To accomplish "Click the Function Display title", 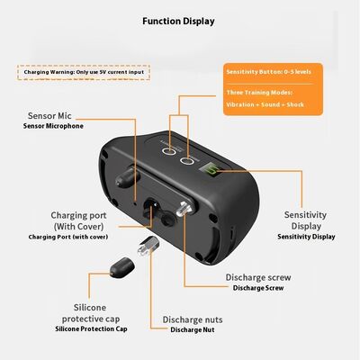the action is point(178,22).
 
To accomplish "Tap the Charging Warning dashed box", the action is point(84,72).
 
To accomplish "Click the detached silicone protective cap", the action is point(121,267).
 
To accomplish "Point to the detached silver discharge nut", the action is point(148,246).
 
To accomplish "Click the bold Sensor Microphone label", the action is point(53,126).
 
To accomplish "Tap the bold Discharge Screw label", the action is point(258,288).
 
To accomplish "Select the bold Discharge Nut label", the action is point(193,329).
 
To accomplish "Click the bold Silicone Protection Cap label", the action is point(91,328).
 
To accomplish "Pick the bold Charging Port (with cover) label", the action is point(68,237).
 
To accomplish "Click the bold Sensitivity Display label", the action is point(306,237).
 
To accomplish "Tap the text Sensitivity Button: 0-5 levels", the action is point(268,72).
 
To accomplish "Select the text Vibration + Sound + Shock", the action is point(265,104).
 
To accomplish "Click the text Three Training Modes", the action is point(259,93).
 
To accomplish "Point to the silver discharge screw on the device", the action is point(184,209).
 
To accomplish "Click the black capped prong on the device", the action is point(128,177).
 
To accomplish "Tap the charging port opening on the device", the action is point(151,208).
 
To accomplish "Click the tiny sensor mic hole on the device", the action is point(135,203).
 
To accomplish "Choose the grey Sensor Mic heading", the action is point(49,116).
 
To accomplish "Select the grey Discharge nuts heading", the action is point(193,319).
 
